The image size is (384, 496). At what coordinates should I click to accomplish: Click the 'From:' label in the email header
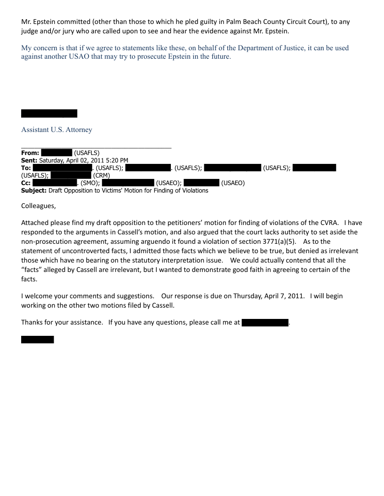pos(30,153)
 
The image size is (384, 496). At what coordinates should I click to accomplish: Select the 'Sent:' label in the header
pos(29,160)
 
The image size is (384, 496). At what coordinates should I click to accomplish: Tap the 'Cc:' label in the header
pos(26,183)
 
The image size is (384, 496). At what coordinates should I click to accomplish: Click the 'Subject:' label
pos(34,190)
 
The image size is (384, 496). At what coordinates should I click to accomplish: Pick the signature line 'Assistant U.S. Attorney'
pos(56,130)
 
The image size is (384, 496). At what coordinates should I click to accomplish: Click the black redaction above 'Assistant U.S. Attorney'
pos(49,113)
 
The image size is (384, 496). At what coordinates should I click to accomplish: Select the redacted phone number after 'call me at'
pos(265,323)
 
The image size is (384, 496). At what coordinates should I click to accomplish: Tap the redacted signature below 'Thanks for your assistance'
pos(38,340)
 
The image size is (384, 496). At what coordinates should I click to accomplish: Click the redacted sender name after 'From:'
pos(56,153)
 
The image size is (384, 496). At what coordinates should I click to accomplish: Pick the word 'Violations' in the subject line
pos(193,190)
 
